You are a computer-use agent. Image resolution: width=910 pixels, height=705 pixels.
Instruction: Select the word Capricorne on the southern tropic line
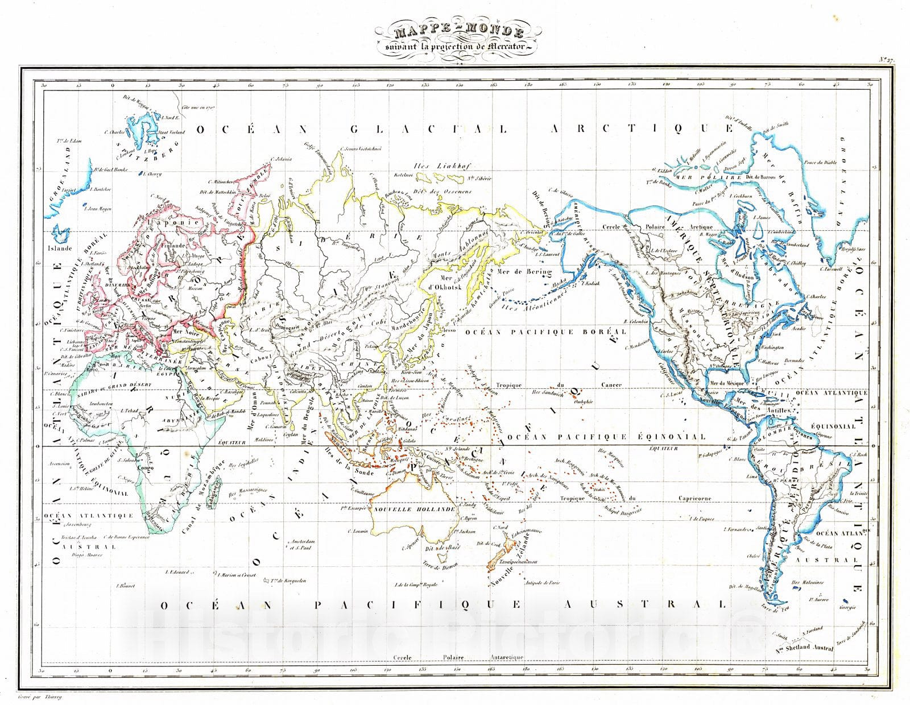[x=694, y=499]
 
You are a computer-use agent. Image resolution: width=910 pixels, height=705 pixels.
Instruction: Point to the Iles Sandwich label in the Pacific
[x=548, y=393]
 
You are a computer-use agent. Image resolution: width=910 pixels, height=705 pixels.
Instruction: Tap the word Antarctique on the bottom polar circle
[x=506, y=658]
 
